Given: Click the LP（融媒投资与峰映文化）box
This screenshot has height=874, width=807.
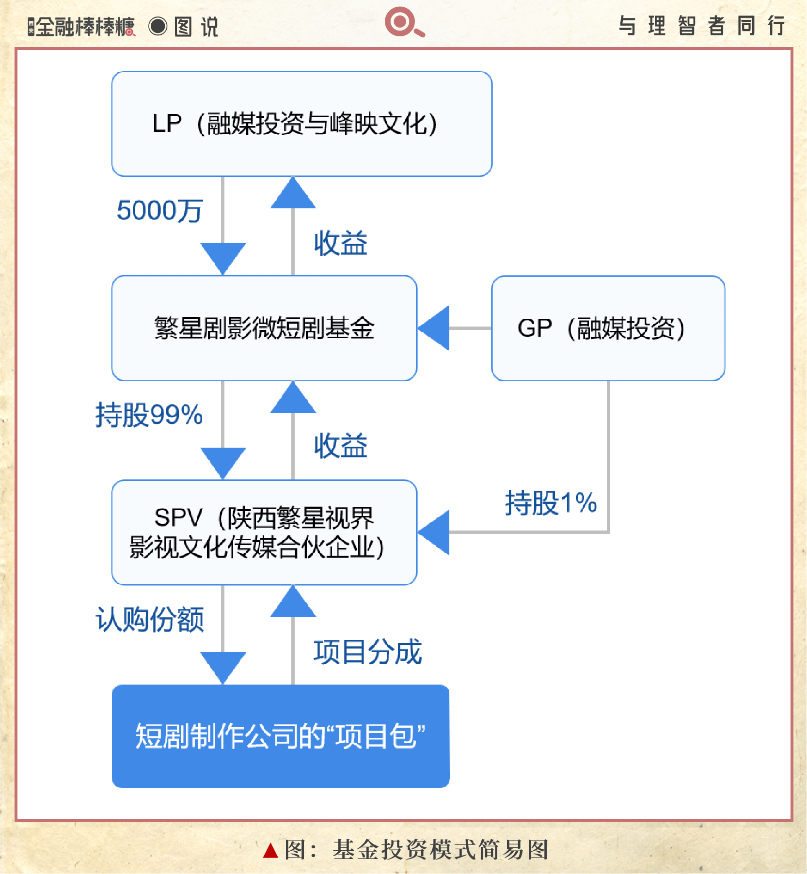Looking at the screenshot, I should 301,124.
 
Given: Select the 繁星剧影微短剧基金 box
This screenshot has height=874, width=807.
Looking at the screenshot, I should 264,328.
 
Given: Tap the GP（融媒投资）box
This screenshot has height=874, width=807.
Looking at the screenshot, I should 608,328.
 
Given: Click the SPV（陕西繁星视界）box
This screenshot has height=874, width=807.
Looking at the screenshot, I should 264,532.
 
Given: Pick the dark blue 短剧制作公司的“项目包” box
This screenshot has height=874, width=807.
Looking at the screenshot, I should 281,736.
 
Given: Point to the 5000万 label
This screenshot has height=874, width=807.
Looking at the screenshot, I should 159,211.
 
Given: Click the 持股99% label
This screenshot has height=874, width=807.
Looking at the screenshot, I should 149,415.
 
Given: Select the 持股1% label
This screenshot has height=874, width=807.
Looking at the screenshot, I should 551,502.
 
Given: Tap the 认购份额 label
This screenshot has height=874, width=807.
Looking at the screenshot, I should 150,619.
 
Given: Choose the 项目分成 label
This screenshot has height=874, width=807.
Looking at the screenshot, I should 367,652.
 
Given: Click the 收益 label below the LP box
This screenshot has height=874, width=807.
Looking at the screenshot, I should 340,243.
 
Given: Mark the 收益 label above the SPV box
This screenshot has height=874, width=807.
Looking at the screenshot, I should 340,446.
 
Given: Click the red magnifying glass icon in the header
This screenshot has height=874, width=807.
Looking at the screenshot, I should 403,22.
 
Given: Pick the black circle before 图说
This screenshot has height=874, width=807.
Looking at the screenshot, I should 158,26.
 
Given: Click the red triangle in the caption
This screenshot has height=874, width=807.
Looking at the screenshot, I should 270,850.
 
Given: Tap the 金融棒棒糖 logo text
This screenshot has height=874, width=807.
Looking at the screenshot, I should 85,27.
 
